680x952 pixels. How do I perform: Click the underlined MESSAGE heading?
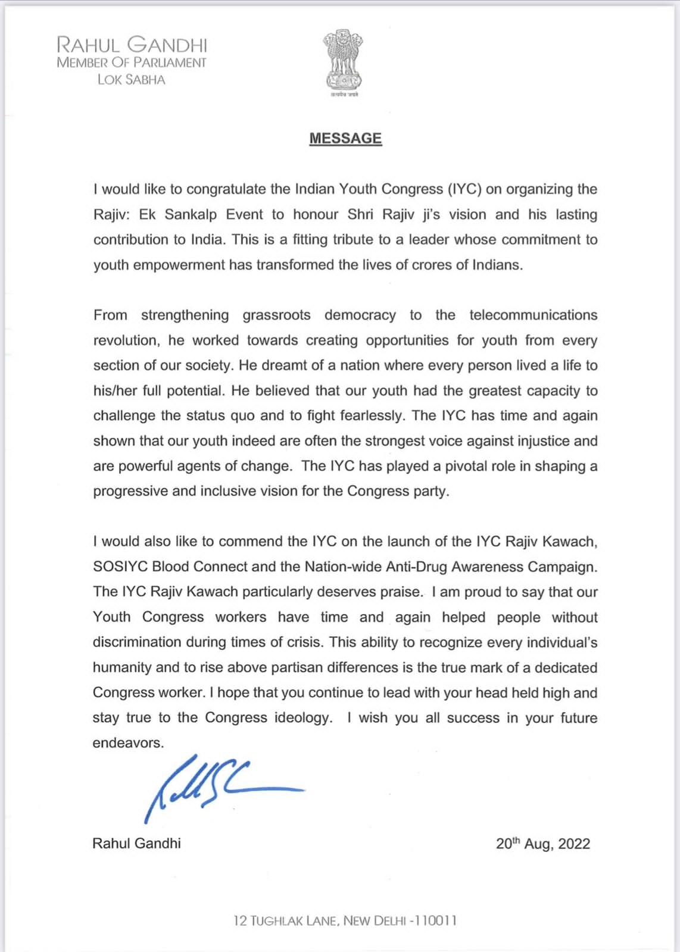tap(345, 138)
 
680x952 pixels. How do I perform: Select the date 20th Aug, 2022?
tap(542, 844)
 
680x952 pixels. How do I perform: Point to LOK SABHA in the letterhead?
tap(131, 80)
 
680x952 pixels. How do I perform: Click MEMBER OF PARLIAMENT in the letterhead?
tap(132, 62)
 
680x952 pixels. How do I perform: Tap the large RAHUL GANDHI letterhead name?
tap(132, 45)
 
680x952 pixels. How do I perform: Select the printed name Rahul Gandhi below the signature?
tap(136, 843)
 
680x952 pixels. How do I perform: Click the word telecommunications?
tap(533, 315)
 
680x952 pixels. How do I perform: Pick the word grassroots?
tap(276, 315)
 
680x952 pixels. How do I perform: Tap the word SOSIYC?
tap(120, 566)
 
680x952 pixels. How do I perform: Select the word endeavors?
tap(127, 743)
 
